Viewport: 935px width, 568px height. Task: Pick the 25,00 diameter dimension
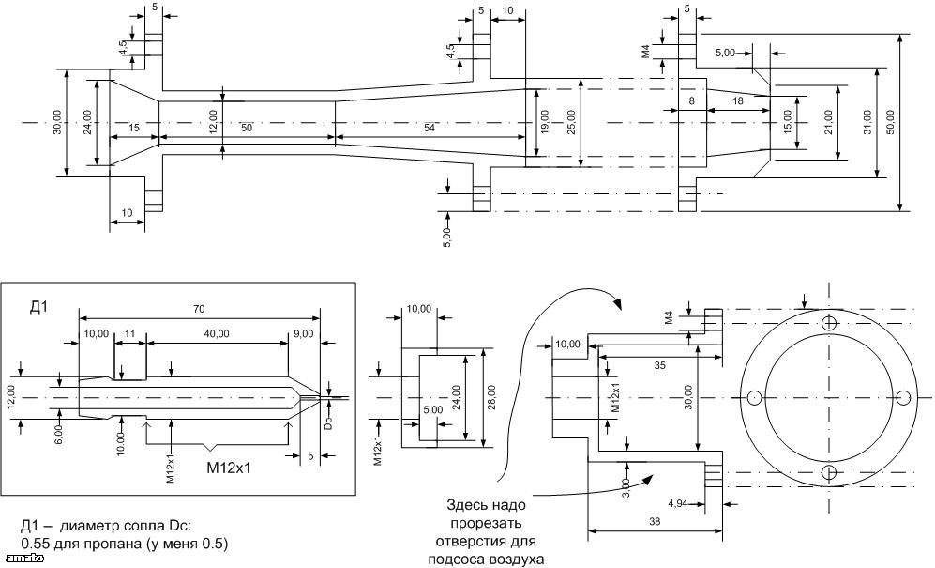coord(570,121)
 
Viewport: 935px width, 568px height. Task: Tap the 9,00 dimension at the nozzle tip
coord(304,332)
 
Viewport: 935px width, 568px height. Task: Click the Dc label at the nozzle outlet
coord(328,421)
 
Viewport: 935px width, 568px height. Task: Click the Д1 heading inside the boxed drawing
coord(39,308)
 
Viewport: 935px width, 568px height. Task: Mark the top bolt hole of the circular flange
coord(829,324)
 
